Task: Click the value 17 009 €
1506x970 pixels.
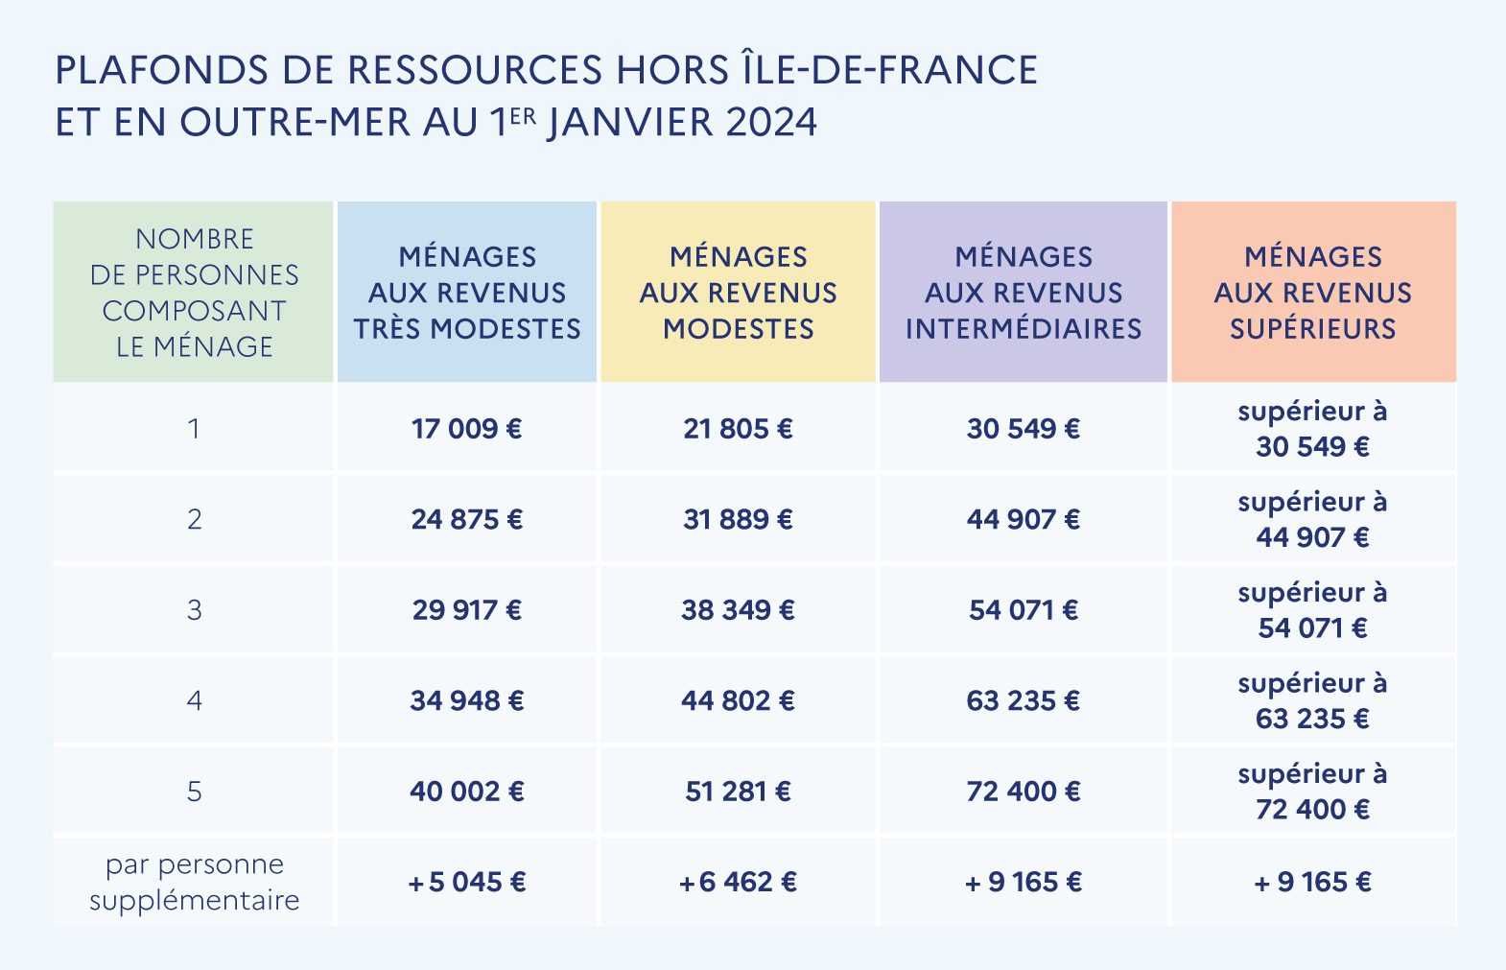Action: [466, 428]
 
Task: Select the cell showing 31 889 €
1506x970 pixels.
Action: [738, 519]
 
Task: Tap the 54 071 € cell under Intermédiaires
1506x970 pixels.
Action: [1023, 609]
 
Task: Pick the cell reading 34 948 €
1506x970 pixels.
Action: [466, 700]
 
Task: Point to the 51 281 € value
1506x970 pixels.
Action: [738, 792]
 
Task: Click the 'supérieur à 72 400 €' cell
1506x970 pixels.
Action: [1312, 792]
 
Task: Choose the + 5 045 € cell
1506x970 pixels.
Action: [466, 882]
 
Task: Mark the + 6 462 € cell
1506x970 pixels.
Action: [738, 882]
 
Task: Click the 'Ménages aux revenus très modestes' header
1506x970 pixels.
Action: [466, 293]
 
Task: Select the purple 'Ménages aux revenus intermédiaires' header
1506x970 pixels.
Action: [1023, 293]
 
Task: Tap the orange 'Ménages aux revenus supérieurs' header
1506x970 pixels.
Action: [1312, 293]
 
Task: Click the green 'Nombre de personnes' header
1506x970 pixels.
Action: [194, 293]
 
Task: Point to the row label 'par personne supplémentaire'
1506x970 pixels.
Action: [194, 882]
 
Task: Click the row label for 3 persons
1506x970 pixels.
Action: [194, 609]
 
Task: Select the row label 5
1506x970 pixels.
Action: [194, 792]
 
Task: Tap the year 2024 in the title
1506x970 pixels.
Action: [771, 123]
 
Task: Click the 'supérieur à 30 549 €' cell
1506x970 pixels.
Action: [1312, 428]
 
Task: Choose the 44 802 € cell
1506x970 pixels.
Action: [738, 700]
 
